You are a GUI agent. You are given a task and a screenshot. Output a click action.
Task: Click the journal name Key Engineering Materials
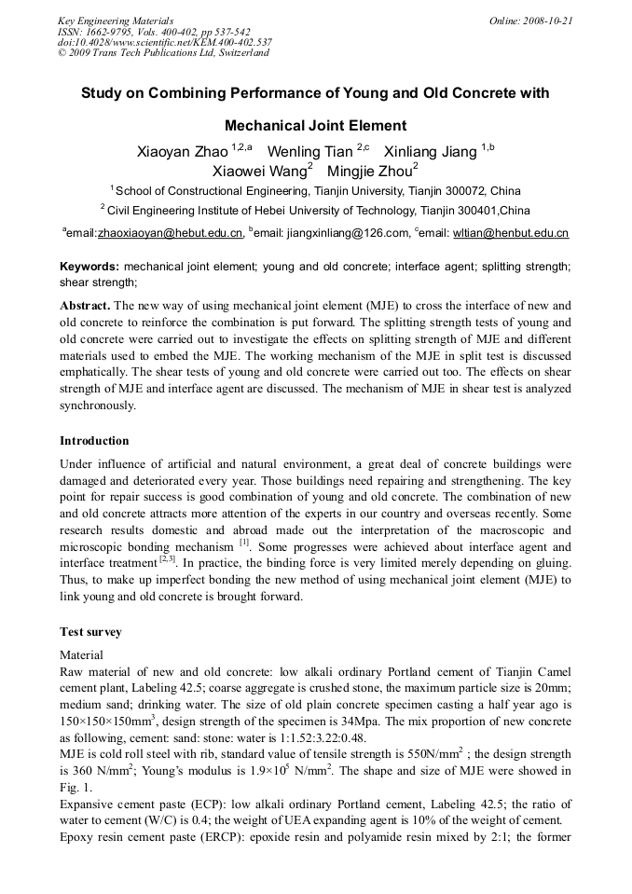tap(116, 21)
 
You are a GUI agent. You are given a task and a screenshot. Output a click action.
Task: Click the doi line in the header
tap(165, 42)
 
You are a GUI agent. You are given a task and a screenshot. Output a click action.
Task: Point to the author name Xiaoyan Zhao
tap(183, 151)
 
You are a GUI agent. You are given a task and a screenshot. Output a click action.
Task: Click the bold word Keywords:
tap(89, 266)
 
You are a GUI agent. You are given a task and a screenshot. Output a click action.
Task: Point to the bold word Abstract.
tap(86, 306)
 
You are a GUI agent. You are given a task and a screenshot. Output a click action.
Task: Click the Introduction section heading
tap(94, 441)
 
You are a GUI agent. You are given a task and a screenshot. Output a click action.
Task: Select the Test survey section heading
tap(90, 632)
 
